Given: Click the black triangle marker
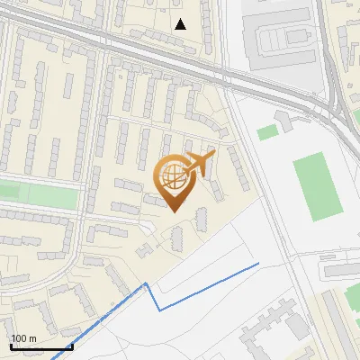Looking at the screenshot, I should [x=181, y=24].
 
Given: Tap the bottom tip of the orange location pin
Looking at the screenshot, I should [x=174, y=211].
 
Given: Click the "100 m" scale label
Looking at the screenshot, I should [x=23, y=338].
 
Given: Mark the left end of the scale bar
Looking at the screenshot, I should [x=12, y=346].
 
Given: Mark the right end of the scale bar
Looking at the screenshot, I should [x=72, y=346].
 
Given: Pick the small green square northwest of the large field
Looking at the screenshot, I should [x=267, y=133].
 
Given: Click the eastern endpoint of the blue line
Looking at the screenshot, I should [x=258, y=263].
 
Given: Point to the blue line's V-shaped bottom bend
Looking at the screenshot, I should [x=160, y=310].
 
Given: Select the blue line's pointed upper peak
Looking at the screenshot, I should [x=147, y=284].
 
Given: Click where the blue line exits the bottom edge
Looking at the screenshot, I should [x=54, y=357].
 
